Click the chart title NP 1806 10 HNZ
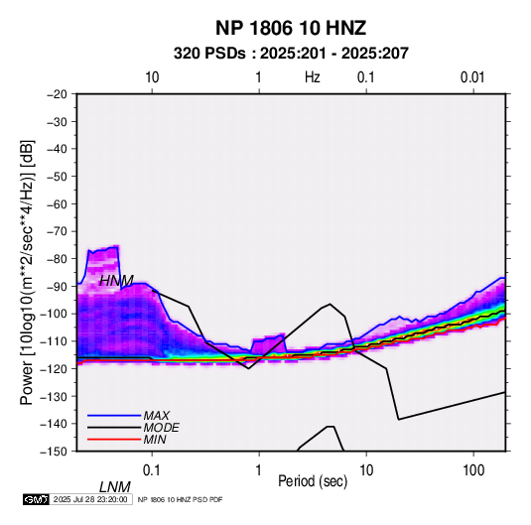tap(291, 28)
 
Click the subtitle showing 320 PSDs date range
tap(291, 54)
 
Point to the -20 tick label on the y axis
tap(57, 94)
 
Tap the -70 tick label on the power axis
tap(57, 231)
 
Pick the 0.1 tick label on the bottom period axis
tap(152, 470)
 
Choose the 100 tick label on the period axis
tap(473, 470)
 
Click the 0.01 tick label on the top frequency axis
tap(472, 77)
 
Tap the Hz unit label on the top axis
tap(313, 77)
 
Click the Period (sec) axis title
tap(313, 481)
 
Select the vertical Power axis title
tap(27, 273)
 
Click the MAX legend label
tap(157, 415)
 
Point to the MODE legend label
tap(161, 428)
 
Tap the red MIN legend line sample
tap(114, 440)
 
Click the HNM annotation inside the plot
tap(116, 281)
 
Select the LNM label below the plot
tap(114, 487)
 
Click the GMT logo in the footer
tap(37, 499)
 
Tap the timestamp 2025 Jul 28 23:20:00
tap(90, 499)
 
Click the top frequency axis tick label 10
tap(152, 77)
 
